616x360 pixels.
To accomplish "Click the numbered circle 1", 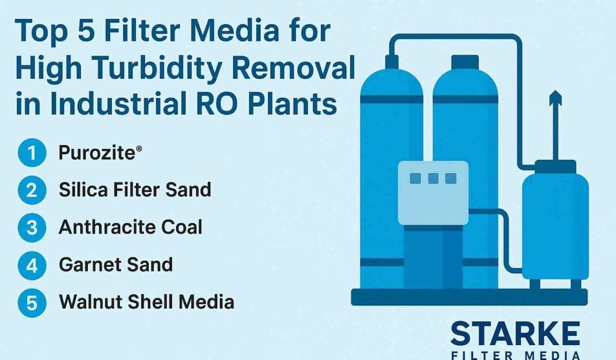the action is coord(32,153).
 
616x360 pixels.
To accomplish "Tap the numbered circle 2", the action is coord(32,190).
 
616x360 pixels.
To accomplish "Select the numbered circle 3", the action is coord(32,228).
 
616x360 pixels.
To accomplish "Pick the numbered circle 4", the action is coord(32,265).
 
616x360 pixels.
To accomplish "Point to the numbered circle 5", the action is coord(32,303).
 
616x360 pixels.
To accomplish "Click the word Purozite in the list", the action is coord(97,153).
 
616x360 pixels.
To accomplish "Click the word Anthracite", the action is coord(107,227).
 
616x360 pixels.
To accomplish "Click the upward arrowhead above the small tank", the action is coord(555,98).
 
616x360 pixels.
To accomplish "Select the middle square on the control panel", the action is coord(433,178).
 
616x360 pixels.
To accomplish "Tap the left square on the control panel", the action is coord(415,178).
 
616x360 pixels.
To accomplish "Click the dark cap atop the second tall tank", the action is coord(465,62).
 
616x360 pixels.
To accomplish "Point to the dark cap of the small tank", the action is coord(555,167).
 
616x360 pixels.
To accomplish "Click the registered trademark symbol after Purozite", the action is coord(139,149).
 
